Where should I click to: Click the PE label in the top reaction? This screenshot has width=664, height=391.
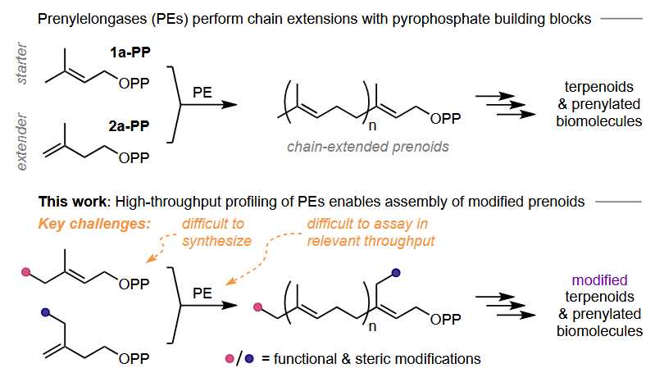click(x=202, y=93)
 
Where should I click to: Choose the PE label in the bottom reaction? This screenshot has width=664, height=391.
click(x=202, y=293)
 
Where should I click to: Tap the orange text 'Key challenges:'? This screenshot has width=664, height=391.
click(x=92, y=223)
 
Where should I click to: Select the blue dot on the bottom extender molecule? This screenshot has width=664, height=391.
click(x=45, y=312)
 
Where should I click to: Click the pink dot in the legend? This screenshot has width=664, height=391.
click(x=231, y=358)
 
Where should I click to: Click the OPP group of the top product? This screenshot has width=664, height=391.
click(x=446, y=119)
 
